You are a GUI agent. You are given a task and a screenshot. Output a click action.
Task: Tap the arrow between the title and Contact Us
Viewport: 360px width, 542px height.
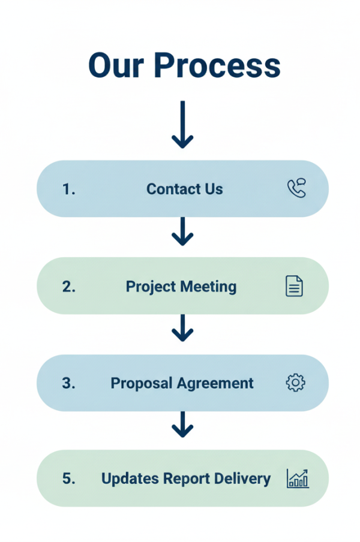[x=182, y=124]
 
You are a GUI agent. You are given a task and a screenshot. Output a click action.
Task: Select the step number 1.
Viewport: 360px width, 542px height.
[x=68, y=189]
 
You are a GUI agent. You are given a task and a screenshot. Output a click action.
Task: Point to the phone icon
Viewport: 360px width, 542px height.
[x=296, y=189]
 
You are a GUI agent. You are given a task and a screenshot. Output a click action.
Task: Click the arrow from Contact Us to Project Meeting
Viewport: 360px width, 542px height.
[x=182, y=231]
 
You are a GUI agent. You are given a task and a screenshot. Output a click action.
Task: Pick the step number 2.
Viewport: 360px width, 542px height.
[x=68, y=287]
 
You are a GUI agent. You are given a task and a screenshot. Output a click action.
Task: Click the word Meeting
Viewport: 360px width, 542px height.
[x=209, y=287]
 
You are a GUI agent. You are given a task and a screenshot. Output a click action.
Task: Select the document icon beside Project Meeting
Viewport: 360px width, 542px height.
[x=294, y=286]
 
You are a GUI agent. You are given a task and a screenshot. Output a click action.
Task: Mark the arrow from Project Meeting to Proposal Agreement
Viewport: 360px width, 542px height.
[x=182, y=328]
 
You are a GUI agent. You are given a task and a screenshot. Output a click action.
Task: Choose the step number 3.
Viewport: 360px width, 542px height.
[x=68, y=383]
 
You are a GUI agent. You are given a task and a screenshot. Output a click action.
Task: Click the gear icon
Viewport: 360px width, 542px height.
[x=295, y=383]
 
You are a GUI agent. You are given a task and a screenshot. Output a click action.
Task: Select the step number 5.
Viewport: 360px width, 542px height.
[x=68, y=478]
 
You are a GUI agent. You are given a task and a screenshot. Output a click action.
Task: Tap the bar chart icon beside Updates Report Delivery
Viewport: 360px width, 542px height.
[x=298, y=478]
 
